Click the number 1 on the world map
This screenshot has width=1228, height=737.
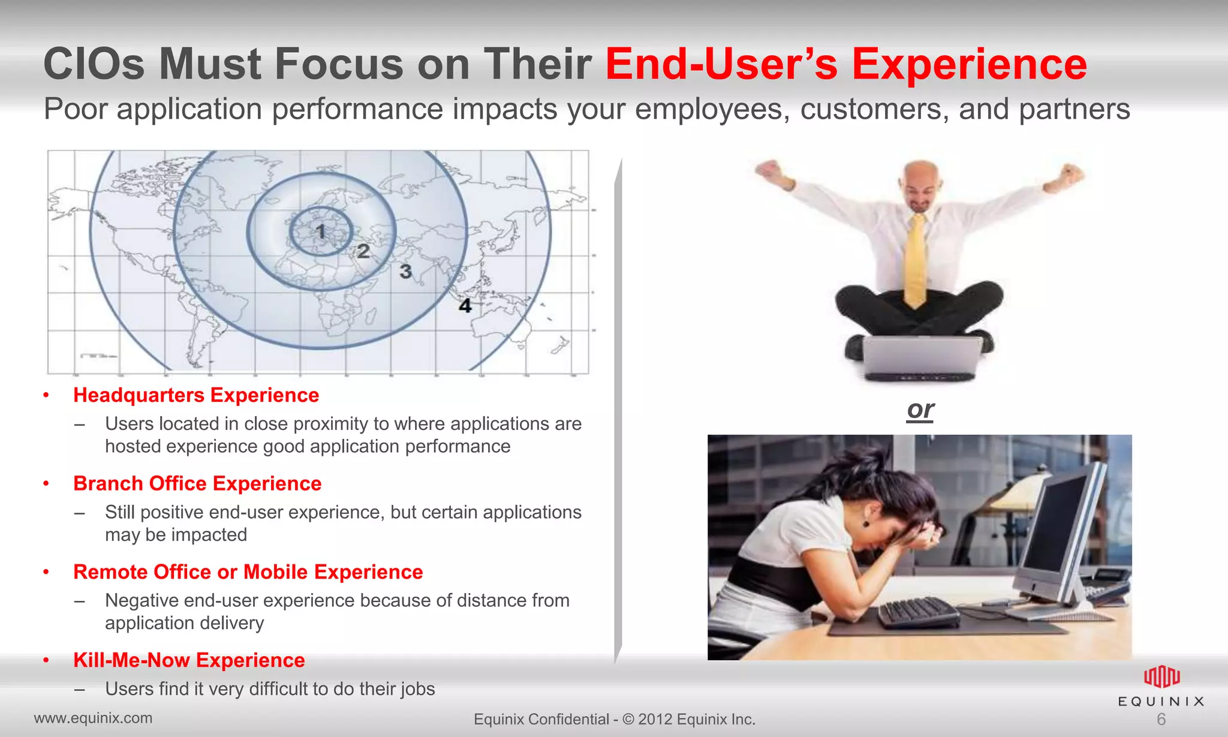[321, 231]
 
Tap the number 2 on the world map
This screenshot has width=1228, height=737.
[363, 251]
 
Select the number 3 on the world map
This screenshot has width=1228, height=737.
[406, 272]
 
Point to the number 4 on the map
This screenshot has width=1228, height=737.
[465, 306]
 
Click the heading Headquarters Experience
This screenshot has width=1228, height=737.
[196, 395]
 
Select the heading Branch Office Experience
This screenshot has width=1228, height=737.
[197, 483]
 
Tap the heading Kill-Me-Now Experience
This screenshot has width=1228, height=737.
[189, 660]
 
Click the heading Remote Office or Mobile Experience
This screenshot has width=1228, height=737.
[248, 572]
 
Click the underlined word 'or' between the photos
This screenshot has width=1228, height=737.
[920, 410]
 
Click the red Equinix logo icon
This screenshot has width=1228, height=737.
[1161, 677]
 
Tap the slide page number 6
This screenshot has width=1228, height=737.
[1161, 719]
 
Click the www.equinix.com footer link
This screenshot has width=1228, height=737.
[93, 718]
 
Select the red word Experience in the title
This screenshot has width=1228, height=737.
[969, 64]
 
